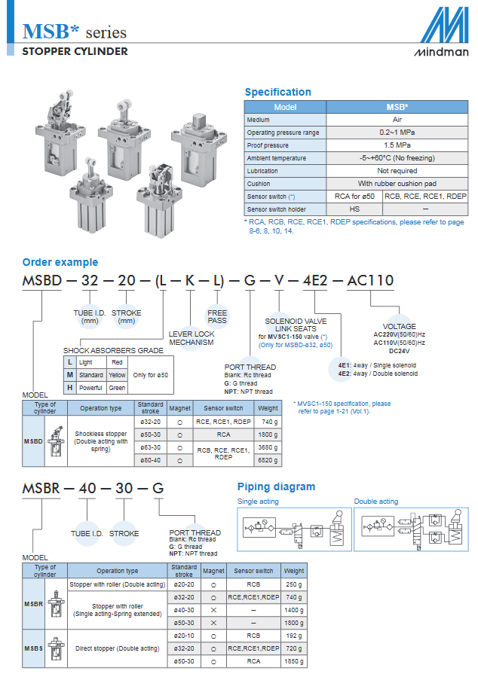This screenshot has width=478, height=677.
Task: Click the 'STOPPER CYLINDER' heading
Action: (x=75, y=51)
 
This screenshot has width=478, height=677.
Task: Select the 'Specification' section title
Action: (x=278, y=92)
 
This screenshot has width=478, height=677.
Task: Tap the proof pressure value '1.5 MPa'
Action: (x=397, y=145)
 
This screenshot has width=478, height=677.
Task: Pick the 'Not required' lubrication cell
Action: (x=397, y=170)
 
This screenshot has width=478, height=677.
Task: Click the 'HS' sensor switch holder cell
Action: (x=354, y=209)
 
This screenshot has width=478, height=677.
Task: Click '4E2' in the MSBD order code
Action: (x=314, y=281)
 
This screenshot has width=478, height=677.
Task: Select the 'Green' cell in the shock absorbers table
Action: (x=117, y=388)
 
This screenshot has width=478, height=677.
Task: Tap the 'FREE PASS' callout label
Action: (x=217, y=316)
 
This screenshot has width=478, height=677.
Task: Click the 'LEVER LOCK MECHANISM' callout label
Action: (x=191, y=338)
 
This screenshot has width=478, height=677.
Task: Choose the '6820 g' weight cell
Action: (x=268, y=460)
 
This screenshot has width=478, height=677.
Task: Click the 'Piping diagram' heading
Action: (x=276, y=486)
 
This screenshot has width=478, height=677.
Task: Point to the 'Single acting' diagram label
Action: (x=258, y=502)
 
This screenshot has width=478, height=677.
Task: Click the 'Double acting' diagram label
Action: (x=376, y=502)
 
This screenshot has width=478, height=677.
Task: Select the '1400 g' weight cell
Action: (x=294, y=610)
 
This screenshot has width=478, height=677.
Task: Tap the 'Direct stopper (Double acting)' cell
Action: (x=117, y=648)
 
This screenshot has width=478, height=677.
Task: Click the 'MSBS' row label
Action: (x=34, y=648)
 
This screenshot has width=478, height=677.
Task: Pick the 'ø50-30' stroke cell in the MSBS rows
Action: (x=184, y=661)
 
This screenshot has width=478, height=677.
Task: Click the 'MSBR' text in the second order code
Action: (x=41, y=488)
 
